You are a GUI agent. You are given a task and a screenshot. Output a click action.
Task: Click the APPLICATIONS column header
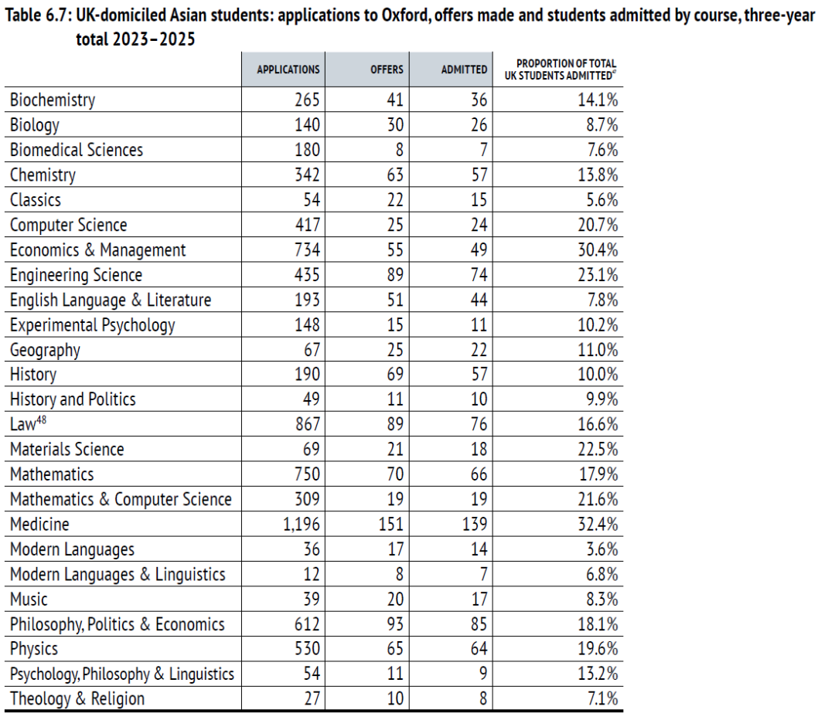pyautogui.click(x=288, y=70)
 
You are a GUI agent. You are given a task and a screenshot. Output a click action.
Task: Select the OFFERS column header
pyautogui.click(x=387, y=70)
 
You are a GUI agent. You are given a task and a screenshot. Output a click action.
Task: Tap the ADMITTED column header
pyautogui.click(x=464, y=70)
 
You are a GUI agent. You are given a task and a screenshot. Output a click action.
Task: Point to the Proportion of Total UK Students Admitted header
pyautogui.click(x=561, y=70)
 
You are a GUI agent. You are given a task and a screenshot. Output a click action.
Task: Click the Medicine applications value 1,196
pyautogui.click(x=302, y=525)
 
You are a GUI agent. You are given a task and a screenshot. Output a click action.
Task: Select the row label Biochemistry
pyautogui.click(x=53, y=100)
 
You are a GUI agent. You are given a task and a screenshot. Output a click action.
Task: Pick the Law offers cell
pyautogui.click(x=395, y=424)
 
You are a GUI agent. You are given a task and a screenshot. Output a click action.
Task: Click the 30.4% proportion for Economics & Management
pyautogui.click(x=598, y=250)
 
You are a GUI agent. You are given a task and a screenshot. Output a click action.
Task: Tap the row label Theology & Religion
pyautogui.click(x=77, y=698)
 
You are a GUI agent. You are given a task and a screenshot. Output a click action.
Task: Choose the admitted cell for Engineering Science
pyautogui.click(x=479, y=274)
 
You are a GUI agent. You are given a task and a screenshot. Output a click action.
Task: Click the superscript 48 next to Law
pyautogui.click(x=41, y=419)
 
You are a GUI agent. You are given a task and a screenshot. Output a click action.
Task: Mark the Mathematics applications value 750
pyautogui.click(x=307, y=474)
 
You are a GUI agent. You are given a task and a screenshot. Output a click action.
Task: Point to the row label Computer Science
pyautogui.click(x=69, y=225)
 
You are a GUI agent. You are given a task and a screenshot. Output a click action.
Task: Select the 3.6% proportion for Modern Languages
pyautogui.click(x=602, y=549)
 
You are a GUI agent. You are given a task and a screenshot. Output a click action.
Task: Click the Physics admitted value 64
pyautogui.click(x=479, y=649)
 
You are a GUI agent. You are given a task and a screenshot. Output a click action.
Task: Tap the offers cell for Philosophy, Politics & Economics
pyautogui.click(x=395, y=623)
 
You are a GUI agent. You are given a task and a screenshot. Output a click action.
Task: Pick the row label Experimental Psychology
pyautogui.click(x=93, y=325)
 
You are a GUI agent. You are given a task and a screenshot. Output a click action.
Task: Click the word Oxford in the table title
pyautogui.click(x=404, y=15)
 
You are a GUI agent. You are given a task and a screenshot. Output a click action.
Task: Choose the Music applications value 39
pyautogui.click(x=312, y=599)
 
